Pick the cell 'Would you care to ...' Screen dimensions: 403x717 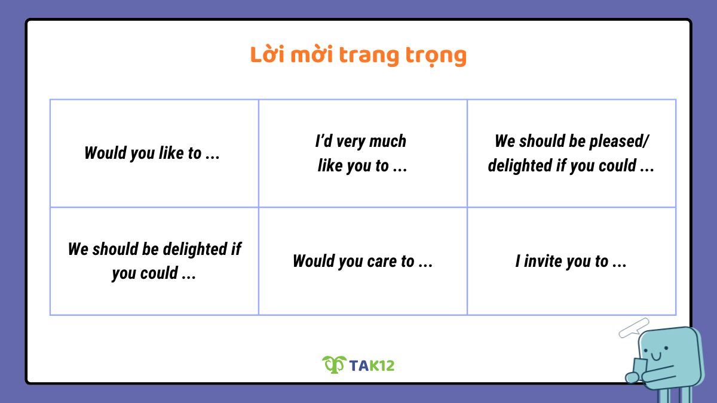[362, 261]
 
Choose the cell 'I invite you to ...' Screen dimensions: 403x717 [571, 261]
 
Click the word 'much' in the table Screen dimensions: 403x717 [388, 141]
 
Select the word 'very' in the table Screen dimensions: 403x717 [350, 142]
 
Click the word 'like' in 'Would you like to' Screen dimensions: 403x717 [171, 153]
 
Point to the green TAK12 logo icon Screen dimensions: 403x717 [334, 364]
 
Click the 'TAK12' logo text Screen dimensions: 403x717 [372, 365]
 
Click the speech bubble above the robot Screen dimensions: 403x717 [634, 327]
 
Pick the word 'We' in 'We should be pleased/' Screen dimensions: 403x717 [504, 141]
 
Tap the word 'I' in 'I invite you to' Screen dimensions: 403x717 [517, 261]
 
